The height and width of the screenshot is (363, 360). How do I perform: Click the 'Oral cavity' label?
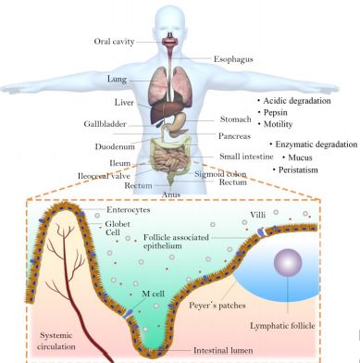coord(114,42)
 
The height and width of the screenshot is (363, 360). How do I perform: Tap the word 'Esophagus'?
coord(233,59)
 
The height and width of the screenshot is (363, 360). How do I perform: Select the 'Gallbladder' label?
coord(106,124)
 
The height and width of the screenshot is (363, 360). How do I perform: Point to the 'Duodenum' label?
coord(115,146)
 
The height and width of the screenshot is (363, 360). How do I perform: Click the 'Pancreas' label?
coord(234,136)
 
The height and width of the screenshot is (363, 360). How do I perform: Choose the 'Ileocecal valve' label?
coord(104,176)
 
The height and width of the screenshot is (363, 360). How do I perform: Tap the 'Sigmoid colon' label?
coord(220,174)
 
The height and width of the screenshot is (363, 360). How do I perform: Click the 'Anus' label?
coord(171,194)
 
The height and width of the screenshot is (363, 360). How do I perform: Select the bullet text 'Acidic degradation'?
coord(297,101)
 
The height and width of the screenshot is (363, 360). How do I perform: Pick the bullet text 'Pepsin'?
coord(276,112)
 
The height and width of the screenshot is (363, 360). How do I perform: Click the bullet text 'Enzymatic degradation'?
coord(317,144)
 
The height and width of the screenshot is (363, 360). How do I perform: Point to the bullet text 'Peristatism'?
coord(298,170)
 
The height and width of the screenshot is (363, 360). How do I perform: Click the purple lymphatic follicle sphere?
coord(288,263)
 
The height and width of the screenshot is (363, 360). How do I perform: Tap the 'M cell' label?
coord(153,294)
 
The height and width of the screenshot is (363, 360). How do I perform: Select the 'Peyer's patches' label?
coord(217,306)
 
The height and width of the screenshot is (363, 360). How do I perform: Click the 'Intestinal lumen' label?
coord(223,351)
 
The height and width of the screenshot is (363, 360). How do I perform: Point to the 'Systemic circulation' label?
coord(56,341)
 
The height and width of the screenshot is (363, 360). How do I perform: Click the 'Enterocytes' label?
coord(129,210)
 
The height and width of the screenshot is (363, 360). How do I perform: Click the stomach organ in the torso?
coord(178,123)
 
